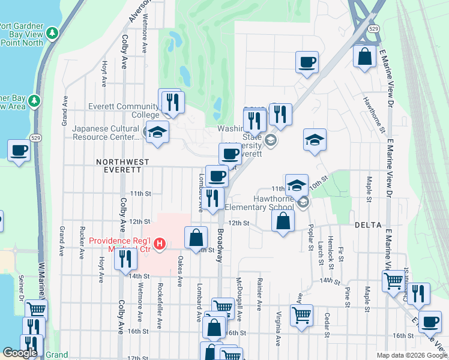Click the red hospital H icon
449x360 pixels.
coord(160,244)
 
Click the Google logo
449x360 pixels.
coord(20,353)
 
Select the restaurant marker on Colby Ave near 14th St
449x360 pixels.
coord(125,259)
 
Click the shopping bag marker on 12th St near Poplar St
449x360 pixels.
coord(283,220)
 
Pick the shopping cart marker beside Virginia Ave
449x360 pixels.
coord(301,314)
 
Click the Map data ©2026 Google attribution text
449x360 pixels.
coord(411,355)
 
